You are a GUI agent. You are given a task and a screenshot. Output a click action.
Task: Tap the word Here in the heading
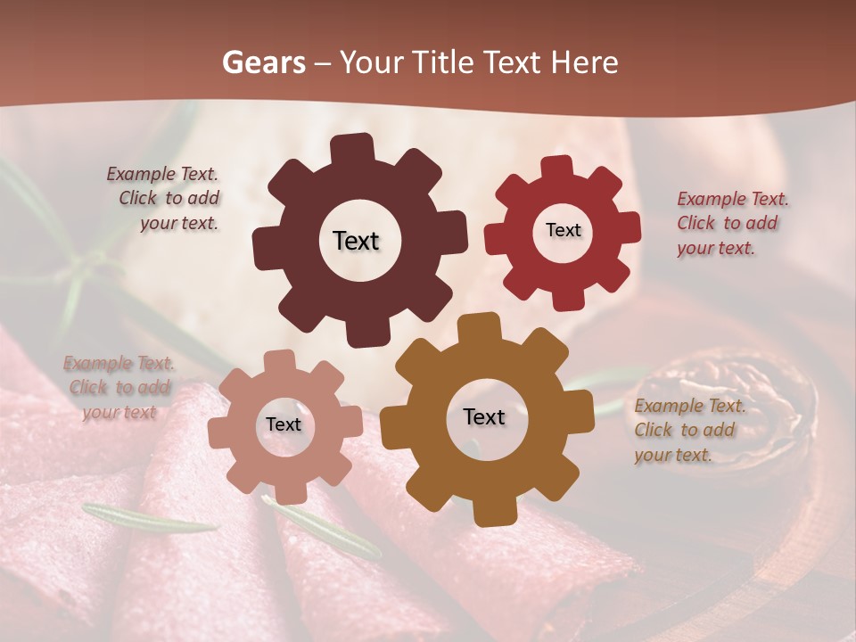[x=584, y=62]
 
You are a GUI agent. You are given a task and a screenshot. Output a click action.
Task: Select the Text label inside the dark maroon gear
[x=356, y=241]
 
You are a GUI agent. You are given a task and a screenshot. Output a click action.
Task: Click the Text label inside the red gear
[x=563, y=230]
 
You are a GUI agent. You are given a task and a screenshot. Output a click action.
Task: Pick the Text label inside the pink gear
[x=283, y=424]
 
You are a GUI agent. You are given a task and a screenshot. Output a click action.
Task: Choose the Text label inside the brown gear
[x=484, y=416]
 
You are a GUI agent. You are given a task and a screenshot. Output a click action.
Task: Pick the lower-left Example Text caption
[x=119, y=387]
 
